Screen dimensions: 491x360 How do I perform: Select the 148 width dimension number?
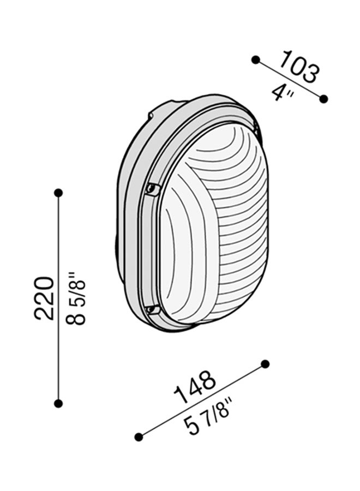coord(195,388)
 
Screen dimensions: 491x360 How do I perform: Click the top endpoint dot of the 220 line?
coord(58,193)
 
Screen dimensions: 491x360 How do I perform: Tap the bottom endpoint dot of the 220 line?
coord(58,403)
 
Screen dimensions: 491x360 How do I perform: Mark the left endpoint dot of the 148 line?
coord(139,436)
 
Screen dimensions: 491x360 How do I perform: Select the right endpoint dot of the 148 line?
coord(266,364)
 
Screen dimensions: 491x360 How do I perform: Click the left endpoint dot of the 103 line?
coord(255,59)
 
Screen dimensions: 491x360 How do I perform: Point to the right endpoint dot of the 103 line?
coord(323,99)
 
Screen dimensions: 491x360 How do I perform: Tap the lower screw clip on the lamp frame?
coord(153,310)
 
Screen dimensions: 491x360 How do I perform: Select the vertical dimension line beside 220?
coord(58,245)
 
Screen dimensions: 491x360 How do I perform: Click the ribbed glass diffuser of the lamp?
coord(218,229)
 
